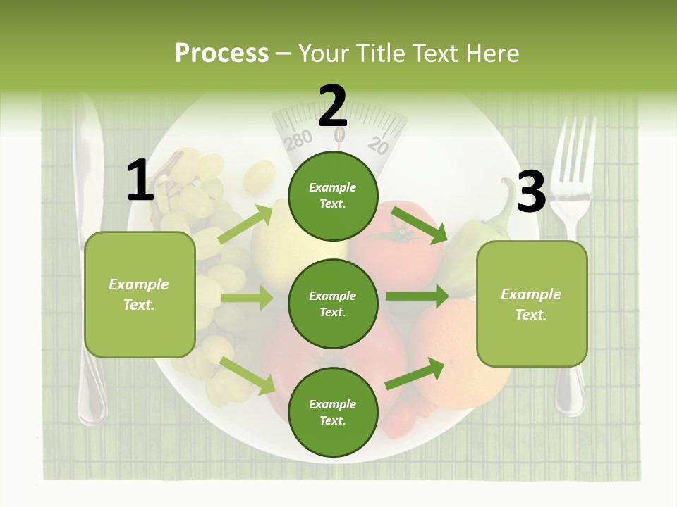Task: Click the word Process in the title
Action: coord(221,53)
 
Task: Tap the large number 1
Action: coord(140,181)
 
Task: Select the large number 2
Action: coord(333,106)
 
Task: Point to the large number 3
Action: coord(531,192)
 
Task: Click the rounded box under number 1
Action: coord(140,294)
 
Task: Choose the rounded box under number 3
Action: coord(532,303)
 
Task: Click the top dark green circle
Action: coord(333,196)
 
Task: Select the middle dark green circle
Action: coord(333,303)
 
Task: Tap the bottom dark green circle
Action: coord(333,412)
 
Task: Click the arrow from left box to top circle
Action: coord(246,224)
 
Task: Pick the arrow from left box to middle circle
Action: coord(247,298)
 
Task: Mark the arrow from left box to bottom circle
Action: coord(247,374)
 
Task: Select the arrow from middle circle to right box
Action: coord(417,296)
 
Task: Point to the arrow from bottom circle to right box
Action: coord(415,374)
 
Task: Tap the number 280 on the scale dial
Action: coord(298,140)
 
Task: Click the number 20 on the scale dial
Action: coord(379,145)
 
